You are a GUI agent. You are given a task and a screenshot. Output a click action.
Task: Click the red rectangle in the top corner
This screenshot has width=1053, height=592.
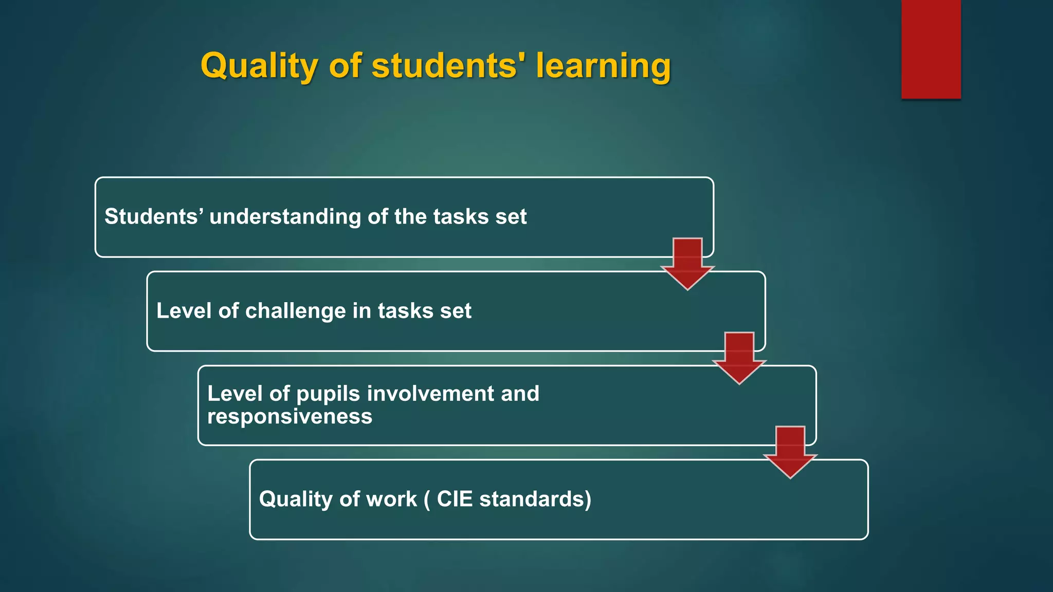coord(931,49)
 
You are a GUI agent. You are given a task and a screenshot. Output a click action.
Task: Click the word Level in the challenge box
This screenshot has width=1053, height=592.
coord(184,311)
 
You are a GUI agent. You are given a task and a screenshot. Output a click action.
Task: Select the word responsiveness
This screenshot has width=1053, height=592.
coord(289,417)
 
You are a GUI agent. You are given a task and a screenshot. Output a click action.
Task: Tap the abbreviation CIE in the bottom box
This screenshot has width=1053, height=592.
coord(455,499)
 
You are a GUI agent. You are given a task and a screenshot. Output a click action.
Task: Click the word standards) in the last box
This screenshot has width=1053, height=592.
coord(535,499)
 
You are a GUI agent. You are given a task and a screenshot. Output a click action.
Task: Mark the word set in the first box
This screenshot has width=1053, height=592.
coord(511,217)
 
